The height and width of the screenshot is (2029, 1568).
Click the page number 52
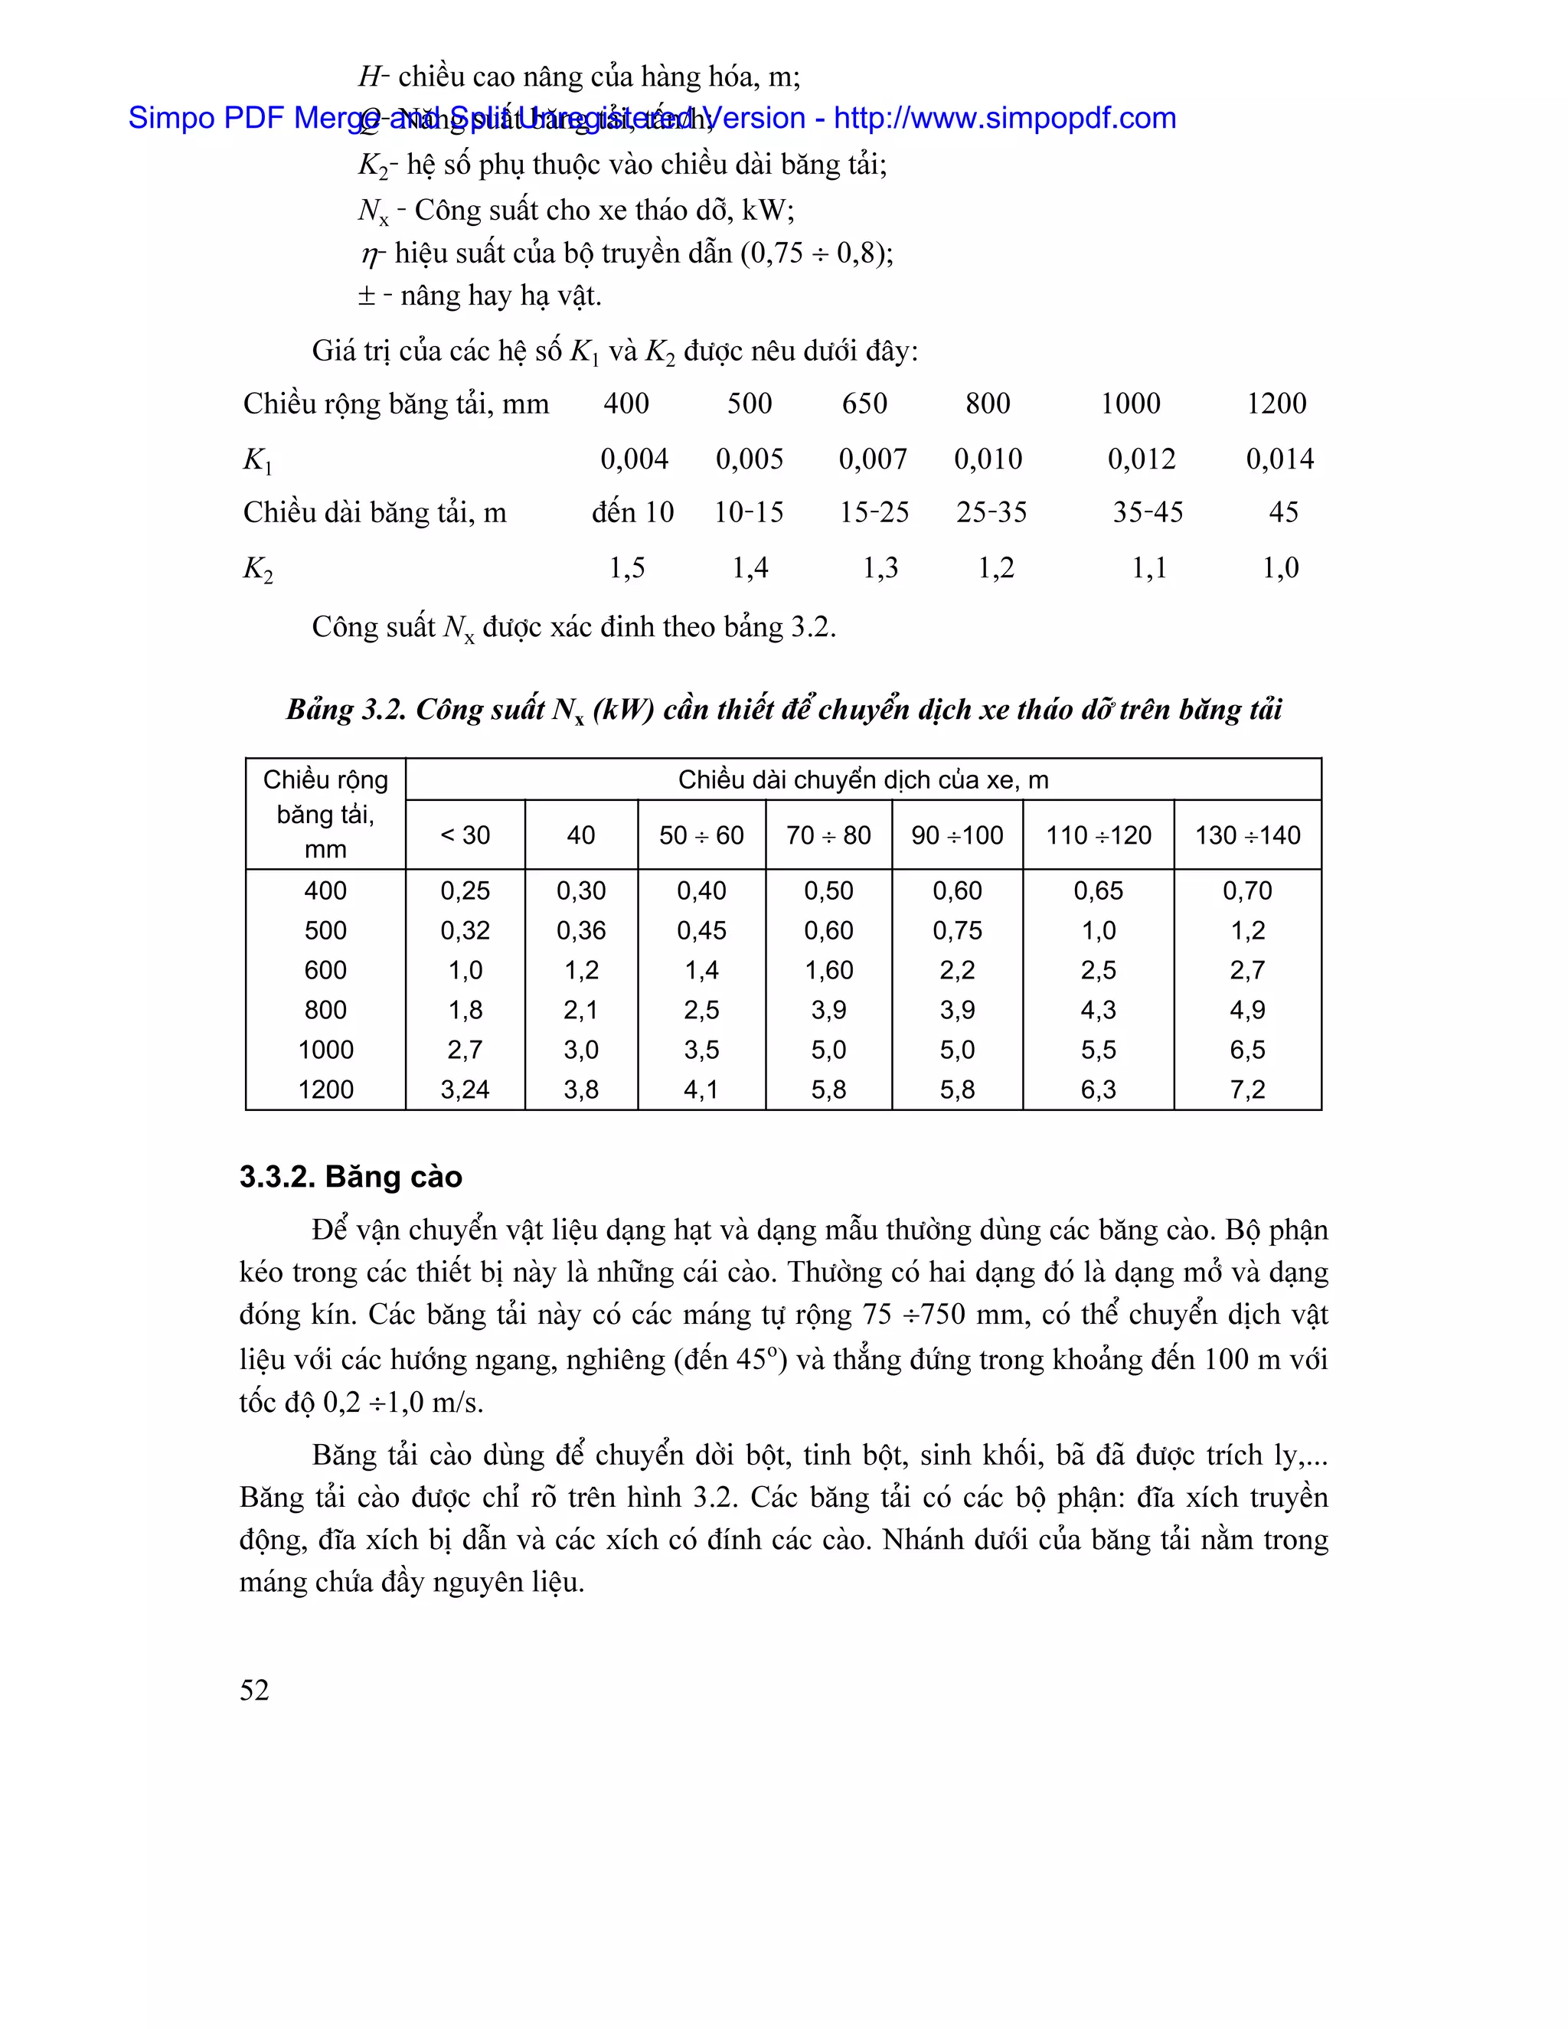click(x=253, y=1690)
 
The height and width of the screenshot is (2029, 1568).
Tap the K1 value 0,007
click(x=872, y=459)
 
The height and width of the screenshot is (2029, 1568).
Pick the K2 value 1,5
click(x=627, y=567)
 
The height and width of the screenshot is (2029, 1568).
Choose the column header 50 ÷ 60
click(x=701, y=835)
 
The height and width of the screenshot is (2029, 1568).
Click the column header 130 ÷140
click(x=1246, y=835)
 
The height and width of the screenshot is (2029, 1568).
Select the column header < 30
click(x=465, y=835)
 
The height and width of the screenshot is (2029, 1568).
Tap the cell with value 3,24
click(x=465, y=1090)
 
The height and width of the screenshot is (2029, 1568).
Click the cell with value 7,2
click(x=1246, y=1090)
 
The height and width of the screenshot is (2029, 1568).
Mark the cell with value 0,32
click(x=465, y=931)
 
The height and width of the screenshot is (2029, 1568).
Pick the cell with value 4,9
click(x=1246, y=1010)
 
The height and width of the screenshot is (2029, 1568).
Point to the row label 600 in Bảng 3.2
click(x=325, y=970)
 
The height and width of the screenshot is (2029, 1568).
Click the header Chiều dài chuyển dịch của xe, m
click(x=863, y=779)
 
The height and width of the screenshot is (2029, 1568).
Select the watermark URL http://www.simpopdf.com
click(x=1004, y=118)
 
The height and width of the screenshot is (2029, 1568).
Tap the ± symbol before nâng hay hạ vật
click(x=367, y=296)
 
